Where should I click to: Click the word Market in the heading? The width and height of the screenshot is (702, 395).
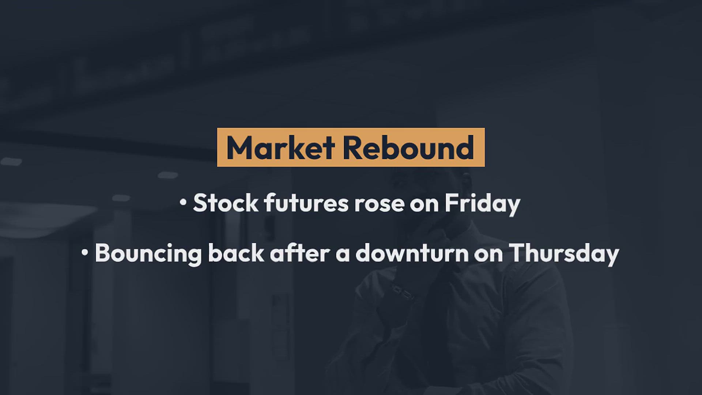[280, 148]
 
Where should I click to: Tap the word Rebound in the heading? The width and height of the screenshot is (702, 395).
[408, 148]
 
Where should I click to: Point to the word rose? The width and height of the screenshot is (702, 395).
[379, 205]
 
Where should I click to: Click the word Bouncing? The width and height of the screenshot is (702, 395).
[148, 253]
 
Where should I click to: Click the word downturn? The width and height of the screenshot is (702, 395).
[412, 253]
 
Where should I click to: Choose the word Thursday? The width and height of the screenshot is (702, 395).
[564, 253]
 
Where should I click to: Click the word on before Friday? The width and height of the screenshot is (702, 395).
[424, 205]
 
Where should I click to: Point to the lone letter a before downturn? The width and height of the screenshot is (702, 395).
[343, 255]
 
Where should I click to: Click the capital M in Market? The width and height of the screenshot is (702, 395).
[240, 148]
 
